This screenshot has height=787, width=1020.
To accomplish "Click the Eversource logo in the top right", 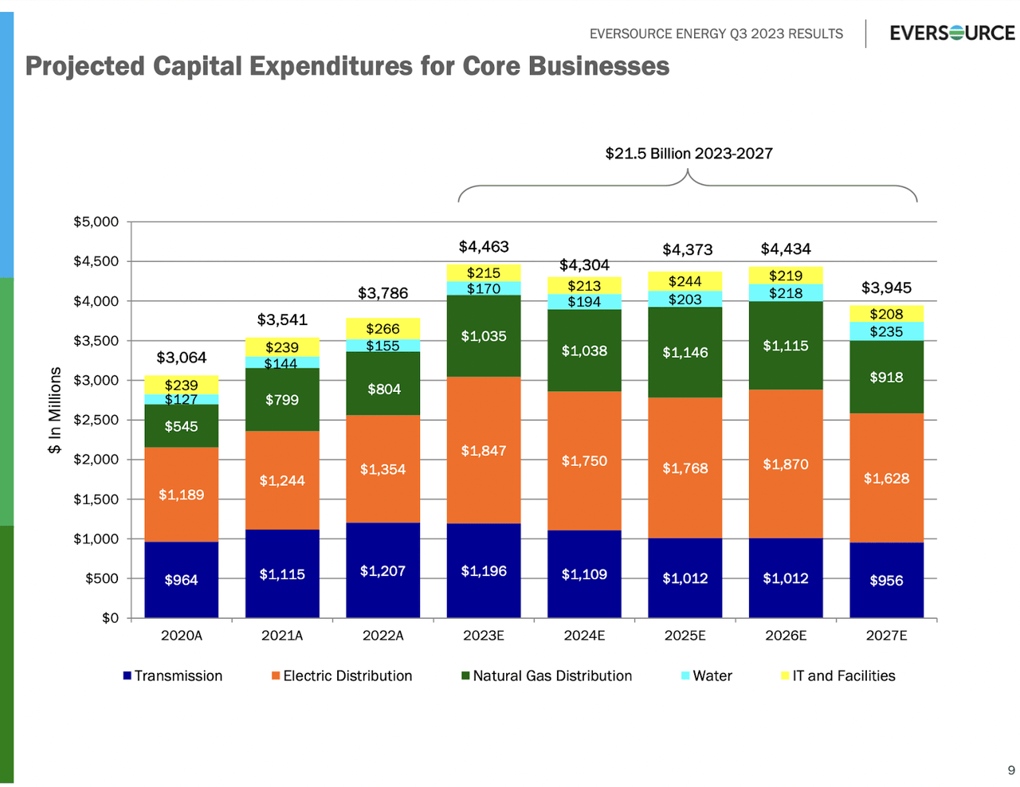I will (951, 33).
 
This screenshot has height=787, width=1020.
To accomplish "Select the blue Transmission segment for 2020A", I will (181, 580).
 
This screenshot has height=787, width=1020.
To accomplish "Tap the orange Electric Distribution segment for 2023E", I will (483, 450).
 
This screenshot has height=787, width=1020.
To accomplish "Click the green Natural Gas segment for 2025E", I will (685, 352).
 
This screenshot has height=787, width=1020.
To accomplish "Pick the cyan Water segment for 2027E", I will (886, 331).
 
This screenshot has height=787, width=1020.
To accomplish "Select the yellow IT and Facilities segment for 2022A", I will (382, 328).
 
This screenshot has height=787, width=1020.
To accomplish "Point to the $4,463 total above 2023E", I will (483, 247).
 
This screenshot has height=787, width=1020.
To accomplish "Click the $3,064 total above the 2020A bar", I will (181, 357).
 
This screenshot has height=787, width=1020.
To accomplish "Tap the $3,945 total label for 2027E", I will (886, 288).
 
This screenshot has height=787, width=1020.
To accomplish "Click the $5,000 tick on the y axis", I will (96, 221).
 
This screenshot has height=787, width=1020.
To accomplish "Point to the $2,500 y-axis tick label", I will (96, 420).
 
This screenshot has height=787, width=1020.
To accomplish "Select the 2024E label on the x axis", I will (584, 636).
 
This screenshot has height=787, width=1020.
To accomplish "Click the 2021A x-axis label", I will (282, 636).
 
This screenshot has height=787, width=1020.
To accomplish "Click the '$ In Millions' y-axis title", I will (54, 410).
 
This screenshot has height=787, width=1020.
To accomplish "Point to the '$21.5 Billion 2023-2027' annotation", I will (688, 154).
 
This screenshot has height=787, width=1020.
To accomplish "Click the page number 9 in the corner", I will (1011, 769).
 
